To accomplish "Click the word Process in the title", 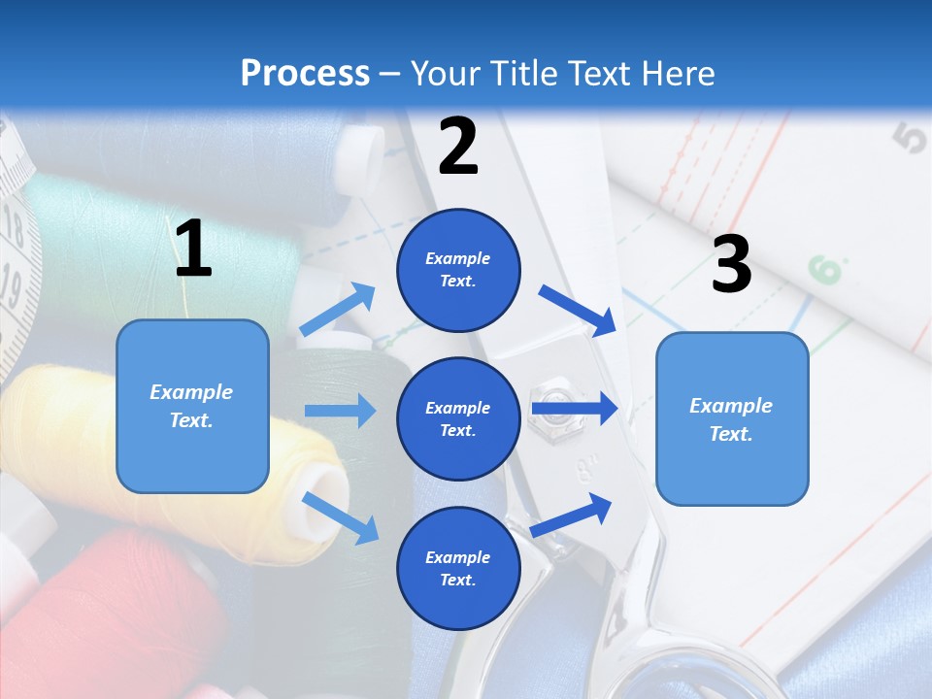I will click(x=305, y=73).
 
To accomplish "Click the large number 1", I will click(x=193, y=250).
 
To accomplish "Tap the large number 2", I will click(x=458, y=147).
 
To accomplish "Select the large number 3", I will click(x=731, y=264).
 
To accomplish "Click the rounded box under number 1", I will click(x=192, y=406).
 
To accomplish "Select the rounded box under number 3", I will click(x=732, y=419).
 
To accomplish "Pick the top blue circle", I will click(x=458, y=270).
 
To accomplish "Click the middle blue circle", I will click(x=458, y=418).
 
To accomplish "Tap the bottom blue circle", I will click(x=458, y=568).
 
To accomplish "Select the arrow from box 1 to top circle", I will click(x=338, y=310).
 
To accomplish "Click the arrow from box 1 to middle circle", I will click(x=340, y=411).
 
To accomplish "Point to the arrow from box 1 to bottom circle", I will click(x=341, y=517).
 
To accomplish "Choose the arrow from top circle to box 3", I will click(x=579, y=310).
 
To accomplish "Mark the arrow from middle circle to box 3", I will click(x=575, y=409).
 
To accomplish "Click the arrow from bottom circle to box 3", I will click(x=572, y=516).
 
